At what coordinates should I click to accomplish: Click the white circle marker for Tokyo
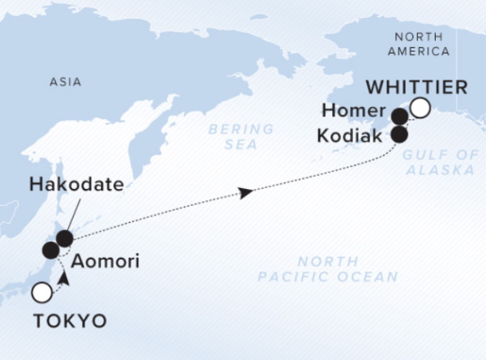click(41, 292)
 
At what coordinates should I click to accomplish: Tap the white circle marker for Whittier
click(420, 108)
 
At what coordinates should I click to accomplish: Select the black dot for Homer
click(399, 117)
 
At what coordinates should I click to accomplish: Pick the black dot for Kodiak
click(399, 134)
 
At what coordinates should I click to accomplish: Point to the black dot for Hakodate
click(63, 238)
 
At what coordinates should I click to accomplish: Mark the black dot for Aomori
click(50, 250)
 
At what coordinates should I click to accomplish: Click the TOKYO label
click(70, 321)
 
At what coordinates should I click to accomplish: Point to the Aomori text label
click(104, 263)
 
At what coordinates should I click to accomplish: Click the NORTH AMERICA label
click(419, 43)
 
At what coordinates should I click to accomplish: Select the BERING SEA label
click(232, 136)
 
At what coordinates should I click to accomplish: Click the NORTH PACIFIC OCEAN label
click(327, 269)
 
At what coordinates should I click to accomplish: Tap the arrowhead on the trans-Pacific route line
click(244, 192)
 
